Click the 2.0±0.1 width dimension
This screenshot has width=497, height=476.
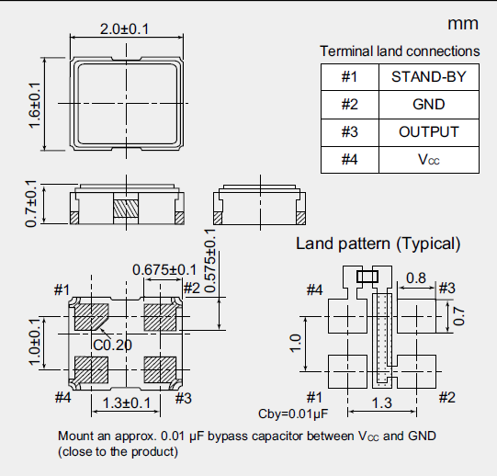123,29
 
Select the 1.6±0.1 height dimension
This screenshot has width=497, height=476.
36,105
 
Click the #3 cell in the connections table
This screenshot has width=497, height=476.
349,132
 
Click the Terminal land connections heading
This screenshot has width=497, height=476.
400,51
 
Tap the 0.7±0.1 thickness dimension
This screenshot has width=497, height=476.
32,203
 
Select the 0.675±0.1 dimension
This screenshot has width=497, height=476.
164,269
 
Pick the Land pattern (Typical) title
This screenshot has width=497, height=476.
378,244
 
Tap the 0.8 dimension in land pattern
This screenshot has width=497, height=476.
415,278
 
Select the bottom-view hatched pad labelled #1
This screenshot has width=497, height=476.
91,318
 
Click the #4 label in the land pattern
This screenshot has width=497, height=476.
314,290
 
